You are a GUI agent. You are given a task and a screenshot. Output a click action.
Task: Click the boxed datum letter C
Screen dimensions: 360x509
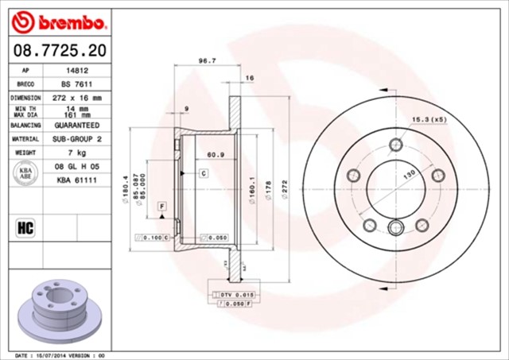(x=203, y=172)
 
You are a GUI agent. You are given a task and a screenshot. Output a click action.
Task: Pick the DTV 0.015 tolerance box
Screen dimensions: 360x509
(x=231, y=295)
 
